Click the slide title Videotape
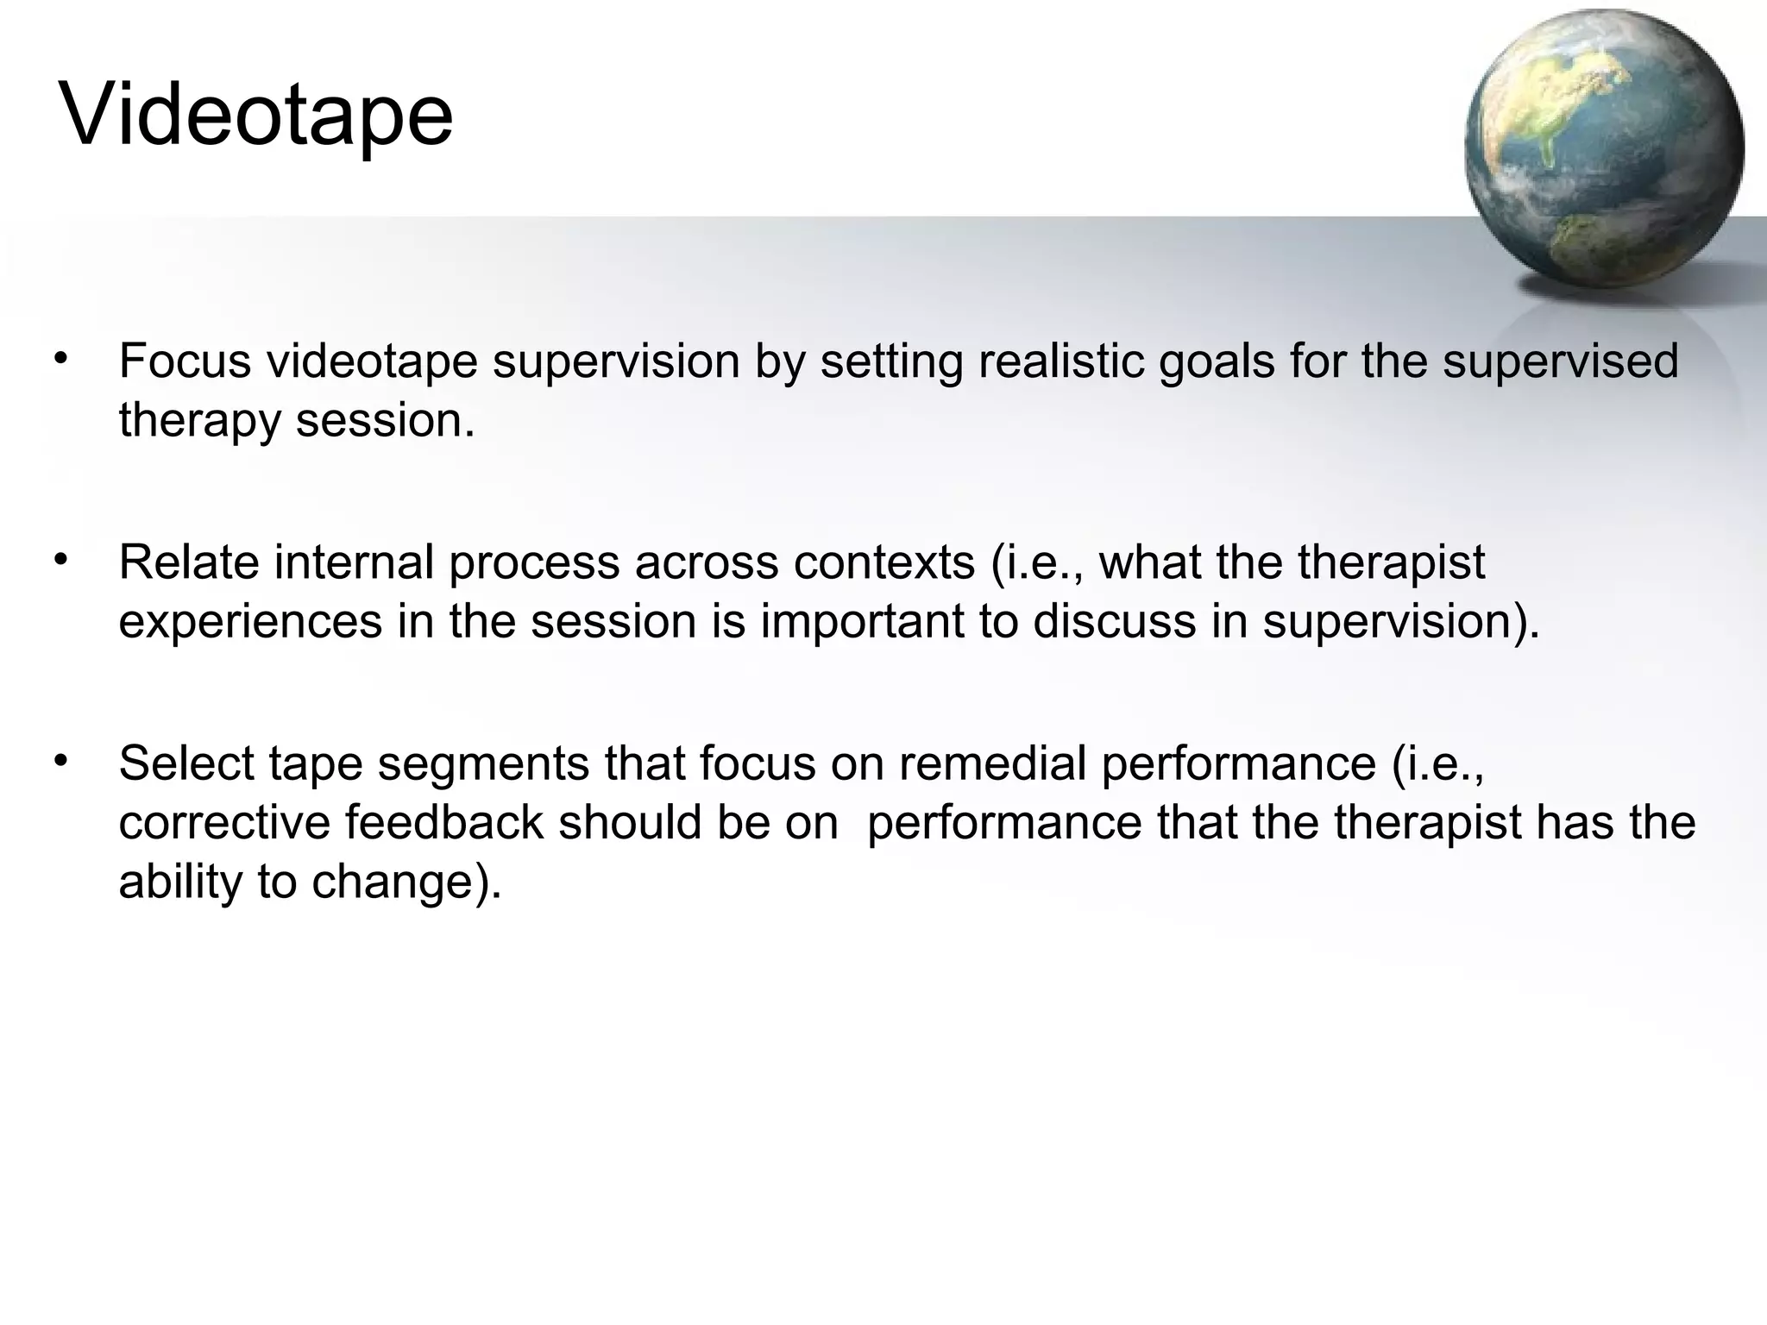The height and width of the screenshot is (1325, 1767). point(256,116)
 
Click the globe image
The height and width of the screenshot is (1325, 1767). point(1603,148)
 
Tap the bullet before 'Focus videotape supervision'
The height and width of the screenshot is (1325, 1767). point(60,358)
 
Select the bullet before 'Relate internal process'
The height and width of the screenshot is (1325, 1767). point(60,560)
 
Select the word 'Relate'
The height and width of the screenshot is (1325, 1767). point(189,562)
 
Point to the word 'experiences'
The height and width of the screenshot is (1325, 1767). point(250,622)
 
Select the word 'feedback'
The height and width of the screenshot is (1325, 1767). point(444,823)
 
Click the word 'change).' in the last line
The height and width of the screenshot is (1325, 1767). point(406,882)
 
